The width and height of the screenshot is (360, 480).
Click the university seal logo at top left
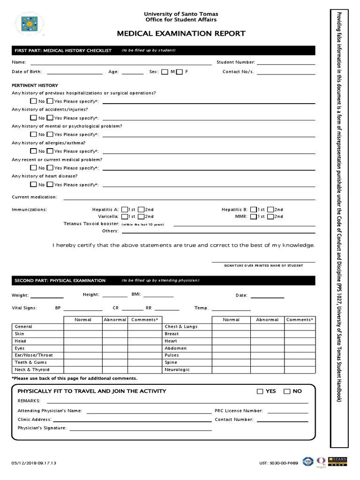pos(30,24)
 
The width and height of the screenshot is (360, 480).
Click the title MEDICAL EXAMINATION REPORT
pos(181,33)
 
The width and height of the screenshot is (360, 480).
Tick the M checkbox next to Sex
pos(165,72)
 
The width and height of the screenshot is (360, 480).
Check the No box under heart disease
pos(33,185)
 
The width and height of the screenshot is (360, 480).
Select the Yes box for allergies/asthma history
pos(50,151)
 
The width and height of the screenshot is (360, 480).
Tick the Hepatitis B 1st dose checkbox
pos(253,210)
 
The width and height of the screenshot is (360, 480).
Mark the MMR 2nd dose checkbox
pos(270,217)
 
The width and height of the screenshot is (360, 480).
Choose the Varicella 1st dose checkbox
pos(124,217)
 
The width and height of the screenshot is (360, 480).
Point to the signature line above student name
pos(263,262)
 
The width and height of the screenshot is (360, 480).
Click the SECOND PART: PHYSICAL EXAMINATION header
pos(60,280)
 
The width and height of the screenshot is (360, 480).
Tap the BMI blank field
pos(158,296)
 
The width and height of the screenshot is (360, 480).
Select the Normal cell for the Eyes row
pos(83,348)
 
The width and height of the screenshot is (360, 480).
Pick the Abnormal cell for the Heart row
pos(267,341)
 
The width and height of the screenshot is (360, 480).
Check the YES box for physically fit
pos(260,391)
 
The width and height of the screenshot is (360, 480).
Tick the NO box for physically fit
pos(287,391)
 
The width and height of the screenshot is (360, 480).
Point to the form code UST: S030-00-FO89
pos(278,463)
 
